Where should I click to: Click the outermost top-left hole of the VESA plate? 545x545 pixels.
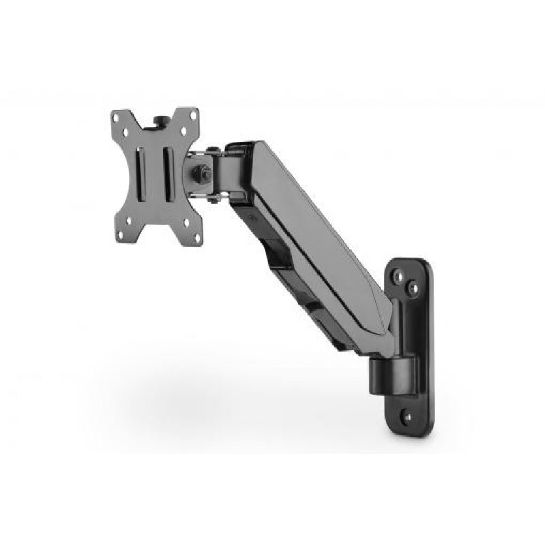[116, 116]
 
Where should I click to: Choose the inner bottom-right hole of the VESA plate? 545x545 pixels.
[185, 222]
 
